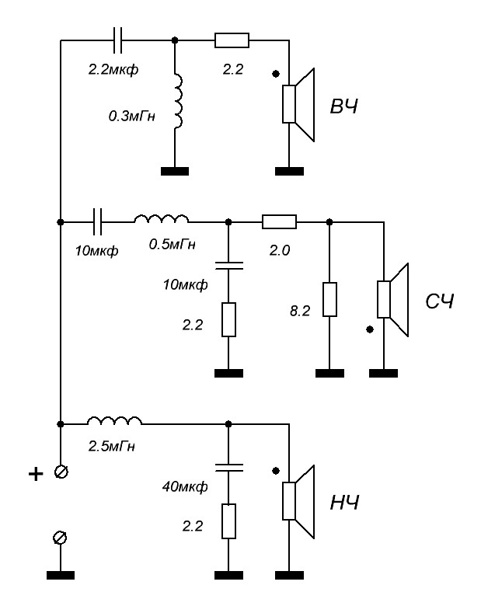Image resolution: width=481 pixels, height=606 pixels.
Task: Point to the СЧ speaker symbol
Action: point(394,300)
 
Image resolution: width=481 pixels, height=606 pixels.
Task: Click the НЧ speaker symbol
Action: point(300,501)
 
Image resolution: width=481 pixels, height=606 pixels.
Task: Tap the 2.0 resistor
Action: point(279,222)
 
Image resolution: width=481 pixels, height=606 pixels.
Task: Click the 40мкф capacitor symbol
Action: point(228,468)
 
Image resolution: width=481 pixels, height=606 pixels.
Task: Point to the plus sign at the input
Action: point(35,475)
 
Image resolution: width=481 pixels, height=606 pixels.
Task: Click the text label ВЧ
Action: point(344,106)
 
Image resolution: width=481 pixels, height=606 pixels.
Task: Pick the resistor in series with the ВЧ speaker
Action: point(232,40)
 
